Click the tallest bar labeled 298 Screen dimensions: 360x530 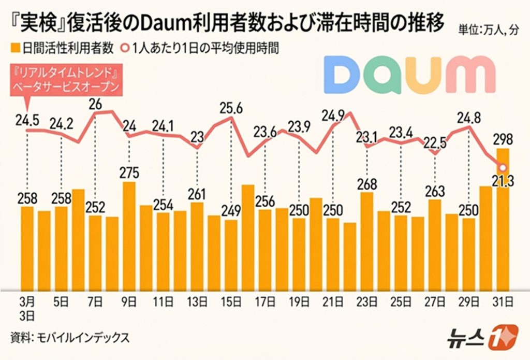(x=503, y=218)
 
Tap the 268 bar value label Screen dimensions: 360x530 (x=367, y=184)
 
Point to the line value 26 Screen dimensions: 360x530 (x=96, y=104)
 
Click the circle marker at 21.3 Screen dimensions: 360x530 (x=502, y=167)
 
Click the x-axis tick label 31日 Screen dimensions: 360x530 (x=502, y=300)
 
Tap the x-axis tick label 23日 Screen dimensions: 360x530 (x=367, y=300)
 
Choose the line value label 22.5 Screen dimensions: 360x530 (x=434, y=142)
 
